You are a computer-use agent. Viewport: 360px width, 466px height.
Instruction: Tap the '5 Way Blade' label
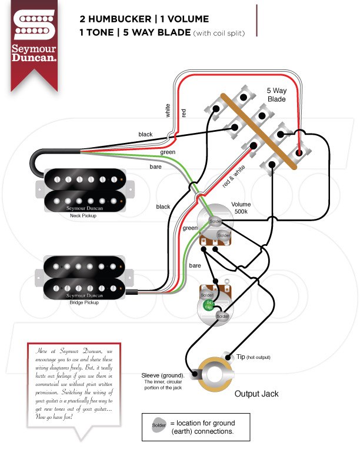click(x=276, y=95)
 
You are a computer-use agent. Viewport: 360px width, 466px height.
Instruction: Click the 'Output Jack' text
click(x=256, y=394)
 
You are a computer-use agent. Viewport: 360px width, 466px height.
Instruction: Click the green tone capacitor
click(x=208, y=305)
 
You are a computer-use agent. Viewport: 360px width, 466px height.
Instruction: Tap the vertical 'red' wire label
click(x=184, y=112)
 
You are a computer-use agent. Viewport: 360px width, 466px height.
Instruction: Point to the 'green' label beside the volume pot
click(x=190, y=228)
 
